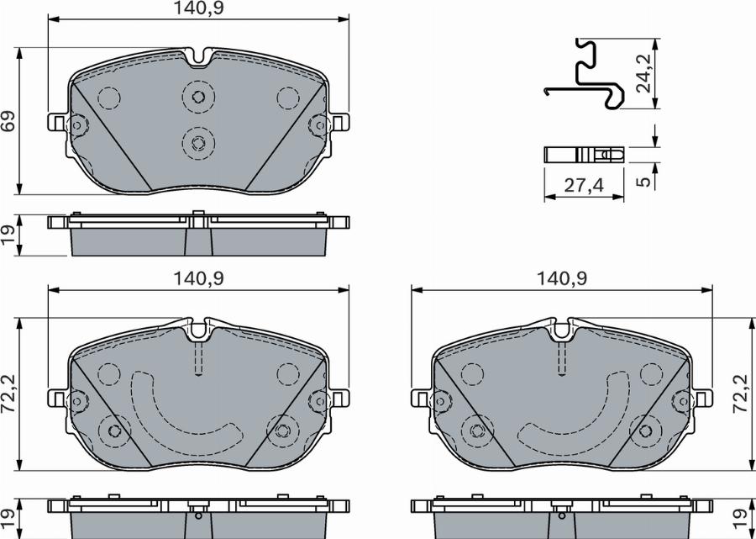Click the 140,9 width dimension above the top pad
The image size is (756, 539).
tap(198, 9)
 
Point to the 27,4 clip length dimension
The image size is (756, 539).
tap(584, 187)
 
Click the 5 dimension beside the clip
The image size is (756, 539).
tap(643, 181)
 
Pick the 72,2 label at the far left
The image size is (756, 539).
tap(9, 390)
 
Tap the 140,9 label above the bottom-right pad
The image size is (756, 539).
tap(561, 277)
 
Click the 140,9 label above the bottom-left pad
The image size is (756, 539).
tap(198, 277)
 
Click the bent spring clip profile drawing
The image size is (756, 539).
tap(584, 76)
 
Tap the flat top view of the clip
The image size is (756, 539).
tap(584, 155)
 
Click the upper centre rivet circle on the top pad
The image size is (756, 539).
tap(198, 96)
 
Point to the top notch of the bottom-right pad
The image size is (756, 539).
tap(561, 330)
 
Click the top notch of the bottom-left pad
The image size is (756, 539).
tap(198, 330)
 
